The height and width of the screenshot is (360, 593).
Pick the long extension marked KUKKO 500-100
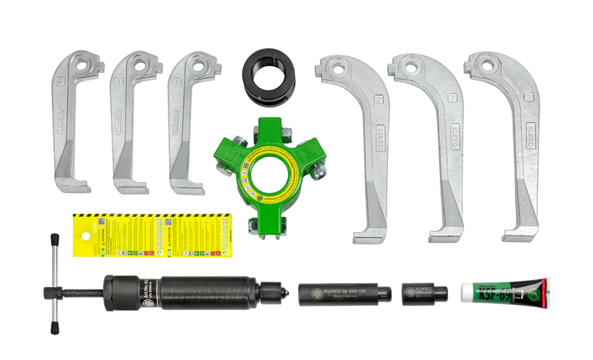(x=344, y=293)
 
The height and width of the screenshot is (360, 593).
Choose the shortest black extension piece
(x=424, y=293)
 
